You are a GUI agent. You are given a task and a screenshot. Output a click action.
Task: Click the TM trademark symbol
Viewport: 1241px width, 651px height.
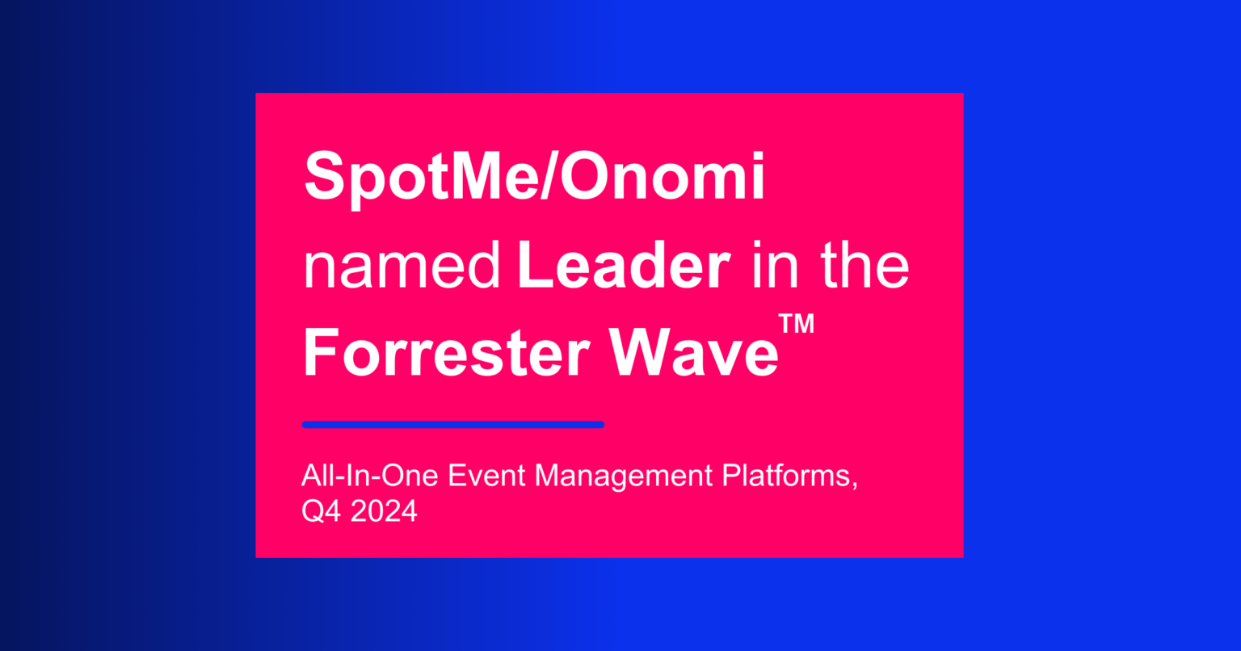coord(797,324)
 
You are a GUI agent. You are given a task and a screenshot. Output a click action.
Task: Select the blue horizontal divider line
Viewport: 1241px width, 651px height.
coord(452,424)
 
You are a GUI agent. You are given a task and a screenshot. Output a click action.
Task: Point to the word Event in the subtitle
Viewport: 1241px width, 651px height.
coord(489,476)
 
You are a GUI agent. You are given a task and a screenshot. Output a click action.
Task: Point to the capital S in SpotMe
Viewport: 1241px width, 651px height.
coord(321,178)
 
